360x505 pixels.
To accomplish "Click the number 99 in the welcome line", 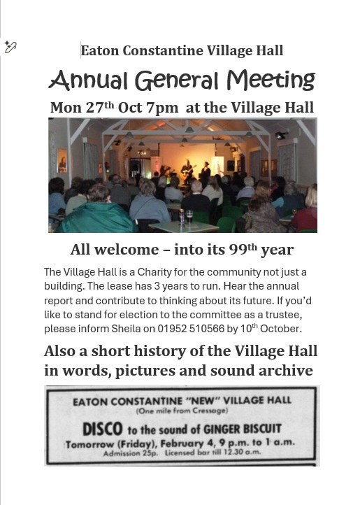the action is pyautogui.click(x=225, y=250).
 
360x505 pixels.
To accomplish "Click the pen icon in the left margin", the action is pyautogui.click(x=10, y=47).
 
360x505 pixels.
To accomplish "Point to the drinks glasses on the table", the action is pyautogui.click(x=185, y=218).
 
